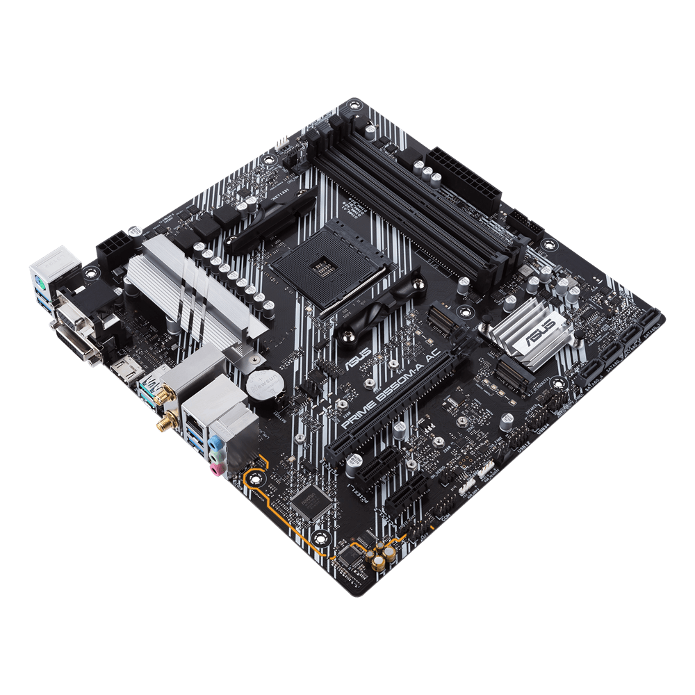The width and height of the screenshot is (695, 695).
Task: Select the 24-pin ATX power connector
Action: click(464, 180)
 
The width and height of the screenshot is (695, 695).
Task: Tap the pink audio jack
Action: click(218, 470)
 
